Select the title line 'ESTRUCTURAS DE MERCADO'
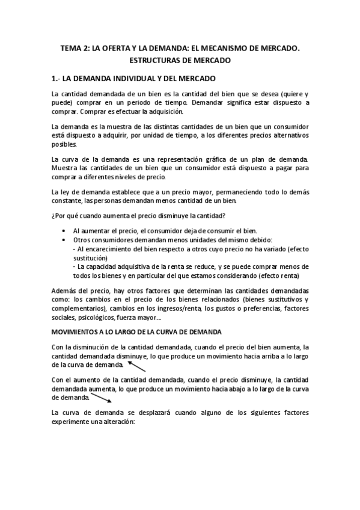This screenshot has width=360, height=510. pyautogui.click(x=180, y=61)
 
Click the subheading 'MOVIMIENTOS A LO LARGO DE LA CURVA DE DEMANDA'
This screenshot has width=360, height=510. pyautogui.click(x=137, y=331)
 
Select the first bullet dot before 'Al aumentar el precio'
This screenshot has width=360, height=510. pyautogui.click(x=64, y=230)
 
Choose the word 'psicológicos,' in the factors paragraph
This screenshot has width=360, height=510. pyautogui.click(x=95, y=318)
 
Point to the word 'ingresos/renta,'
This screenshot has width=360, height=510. pyautogui.click(x=177, y=309)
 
